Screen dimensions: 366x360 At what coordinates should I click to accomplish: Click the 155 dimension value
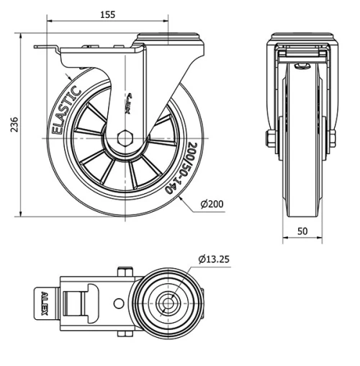point(108,13)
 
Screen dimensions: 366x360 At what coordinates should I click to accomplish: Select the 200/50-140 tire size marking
point(181,166)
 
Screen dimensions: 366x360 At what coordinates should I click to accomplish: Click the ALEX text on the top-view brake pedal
point(45,302)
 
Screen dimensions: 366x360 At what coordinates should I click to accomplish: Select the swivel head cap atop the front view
point(301,37)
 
